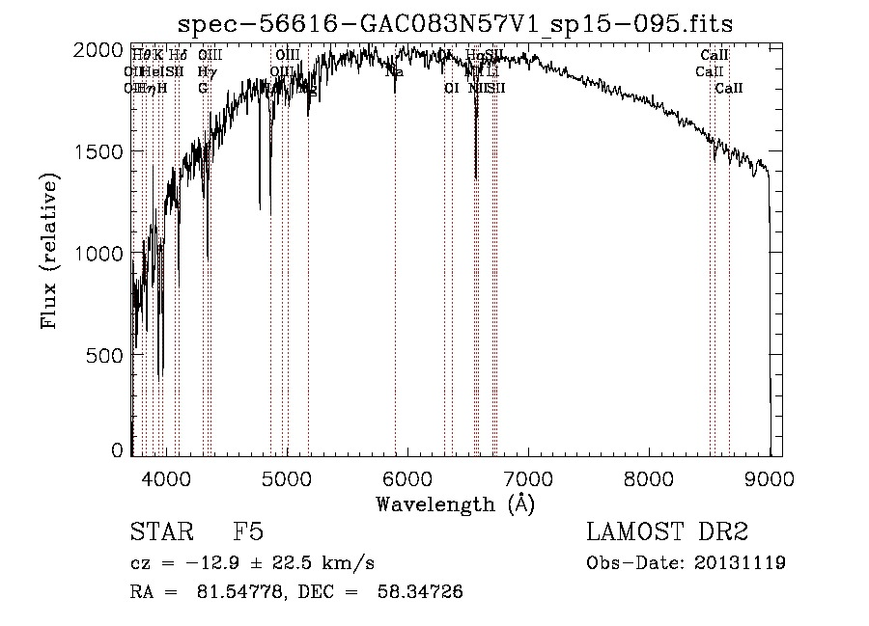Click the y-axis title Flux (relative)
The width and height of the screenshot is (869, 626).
[x=49, y=250]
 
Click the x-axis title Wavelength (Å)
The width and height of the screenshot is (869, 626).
[x=455, y=504]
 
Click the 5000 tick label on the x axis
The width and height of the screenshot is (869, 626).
[x=286, y=477]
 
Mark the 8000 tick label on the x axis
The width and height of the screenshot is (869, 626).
[x=648, y=477]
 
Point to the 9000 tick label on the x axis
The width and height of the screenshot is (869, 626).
[x=769, y=477]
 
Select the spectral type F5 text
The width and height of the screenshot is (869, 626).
[x=248, y=532]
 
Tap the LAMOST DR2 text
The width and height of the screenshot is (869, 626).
[x=667, y=532]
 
